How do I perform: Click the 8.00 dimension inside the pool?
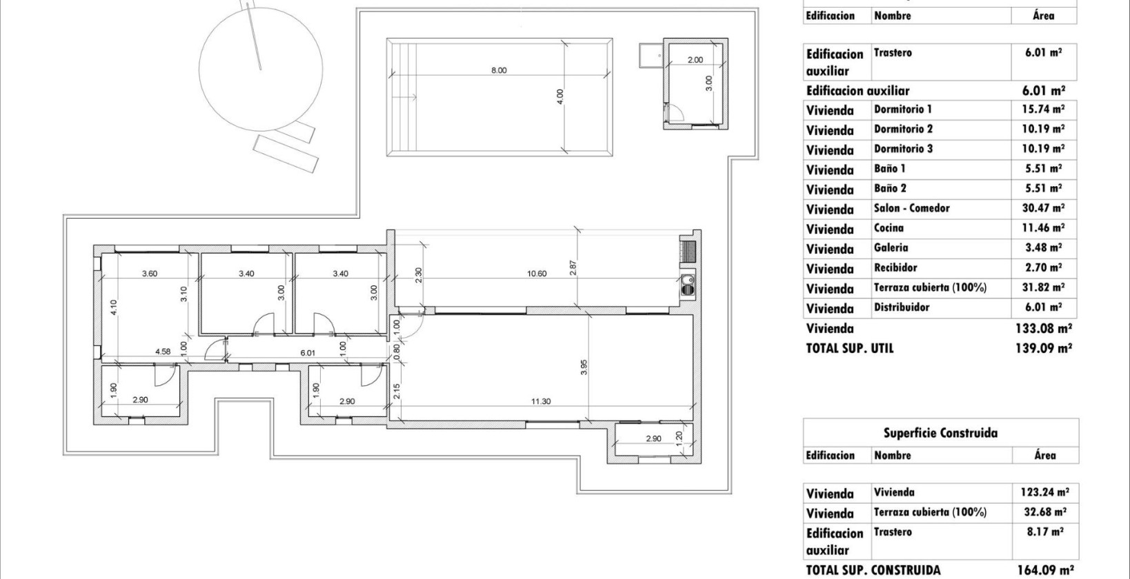pyautogui.click(x=498, y=70)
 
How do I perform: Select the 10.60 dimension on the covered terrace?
pyautogui.click(x=536, y=274)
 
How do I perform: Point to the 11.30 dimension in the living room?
pyautogui.click(x=541, y=401)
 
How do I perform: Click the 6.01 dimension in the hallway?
pyautogui.click(x=308, y=353)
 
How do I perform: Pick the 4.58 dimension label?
pyautogui.click(x=163, y=352)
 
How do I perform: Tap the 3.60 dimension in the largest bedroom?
pyautogui.click(x=149, y=274)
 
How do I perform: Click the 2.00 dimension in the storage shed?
pyautogui.click(x=695, y=60)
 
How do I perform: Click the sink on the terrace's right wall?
pyautogui.click(x=686, y=284)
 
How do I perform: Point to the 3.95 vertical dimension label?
pyautogui.click(x=584, y=367)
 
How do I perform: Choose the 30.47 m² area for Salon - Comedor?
pyautogui.click(x=1042, y=208)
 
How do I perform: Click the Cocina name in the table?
pyautogui.click(x=889, y=228)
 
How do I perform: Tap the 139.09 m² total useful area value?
pyautogui.click(x=1044, y=349)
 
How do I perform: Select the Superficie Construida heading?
pyautogui.click(x=940, y=434)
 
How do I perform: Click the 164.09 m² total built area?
pyautogui.click(x=1045, y=570)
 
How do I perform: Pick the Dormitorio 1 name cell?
pyautogui.click(x=902, y=109)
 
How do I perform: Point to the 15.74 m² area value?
pyautogui.click(x=1042, y=109)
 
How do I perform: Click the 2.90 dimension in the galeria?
pyautogui.click(x=653, y=438)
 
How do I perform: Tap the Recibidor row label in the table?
pyautogui.click(x=895, y=267)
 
